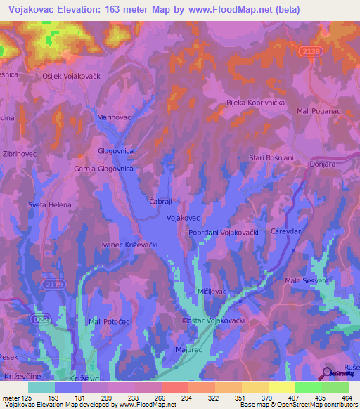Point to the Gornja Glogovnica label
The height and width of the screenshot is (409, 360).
[103, 169]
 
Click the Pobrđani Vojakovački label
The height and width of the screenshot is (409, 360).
[224, 232]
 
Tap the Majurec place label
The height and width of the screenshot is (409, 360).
[188, 349]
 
